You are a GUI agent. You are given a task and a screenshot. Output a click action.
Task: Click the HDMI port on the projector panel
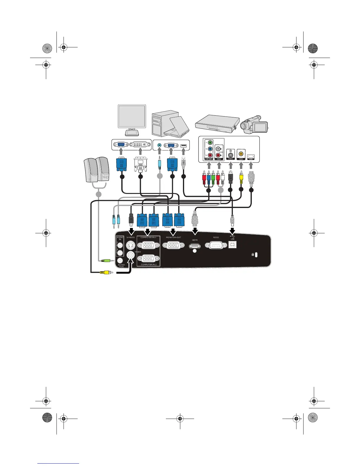point(195,245)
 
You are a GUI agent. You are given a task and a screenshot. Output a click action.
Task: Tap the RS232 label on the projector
point(216,237)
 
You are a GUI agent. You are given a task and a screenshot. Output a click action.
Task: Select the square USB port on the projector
point(232,244)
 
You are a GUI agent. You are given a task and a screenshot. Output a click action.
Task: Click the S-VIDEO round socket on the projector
point(130,245)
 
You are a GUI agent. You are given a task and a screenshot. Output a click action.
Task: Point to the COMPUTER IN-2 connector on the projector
point(148,259)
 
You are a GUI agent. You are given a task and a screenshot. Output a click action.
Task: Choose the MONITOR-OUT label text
point(174,237)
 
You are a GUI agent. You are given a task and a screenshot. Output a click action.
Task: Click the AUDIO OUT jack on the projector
point(120,260)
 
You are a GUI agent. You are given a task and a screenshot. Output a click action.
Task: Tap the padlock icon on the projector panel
point(253,255)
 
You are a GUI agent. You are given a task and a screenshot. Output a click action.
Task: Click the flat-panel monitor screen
point(131,116)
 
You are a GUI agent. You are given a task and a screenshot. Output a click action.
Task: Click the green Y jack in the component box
point(210,143)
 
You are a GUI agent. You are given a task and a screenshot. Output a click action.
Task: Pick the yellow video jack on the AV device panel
point(241,153)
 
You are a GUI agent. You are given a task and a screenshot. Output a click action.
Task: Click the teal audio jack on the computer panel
point(159,145)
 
